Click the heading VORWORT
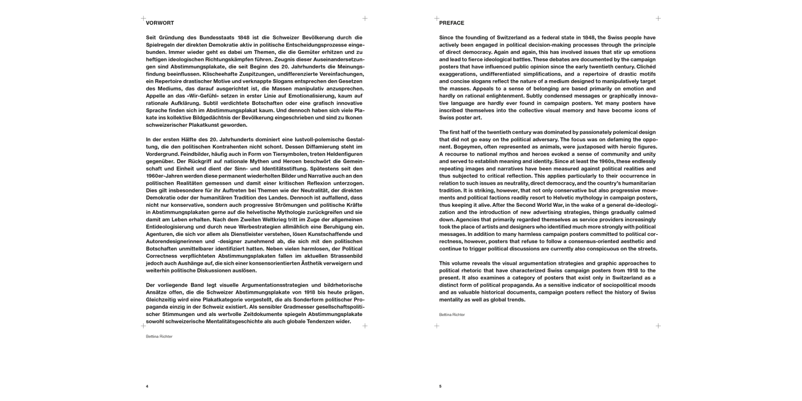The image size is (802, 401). tap(159, 23)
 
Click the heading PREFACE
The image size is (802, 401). tap(451, 23)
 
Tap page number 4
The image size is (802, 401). tap(147, 386)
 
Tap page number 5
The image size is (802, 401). tap(440, 386)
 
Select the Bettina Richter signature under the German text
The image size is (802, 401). tap(159, 336)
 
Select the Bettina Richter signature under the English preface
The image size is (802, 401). tap(452, 314)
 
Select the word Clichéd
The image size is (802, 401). tap(644, 66)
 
